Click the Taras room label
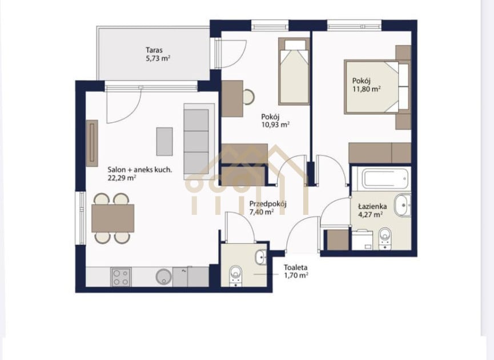click(x=154, y=50)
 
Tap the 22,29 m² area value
click(x=122, y=178)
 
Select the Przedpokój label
click(x=268, y=204)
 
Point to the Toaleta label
click(x=295, y=267)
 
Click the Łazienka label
click(x=372, y=206)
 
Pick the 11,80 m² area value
click(x=367, y=89)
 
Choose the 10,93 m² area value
click(x=275, y=125)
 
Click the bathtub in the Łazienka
click(x=385, y=179)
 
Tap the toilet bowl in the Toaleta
click(x=236, y=274)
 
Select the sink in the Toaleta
click(x=261, y=257)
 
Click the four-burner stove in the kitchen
click(x=121, y=277)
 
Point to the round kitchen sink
click(x=164, y=277)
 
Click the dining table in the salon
click(x=113, y=218)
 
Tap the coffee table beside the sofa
click(x=164, y=142)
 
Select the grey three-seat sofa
click(x=199, y=142)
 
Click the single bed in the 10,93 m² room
click(x=294, y=71)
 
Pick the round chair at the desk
click(x=248, y=97)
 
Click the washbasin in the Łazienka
click(x=403, y=206)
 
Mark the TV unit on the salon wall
click(x=92, y=143)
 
